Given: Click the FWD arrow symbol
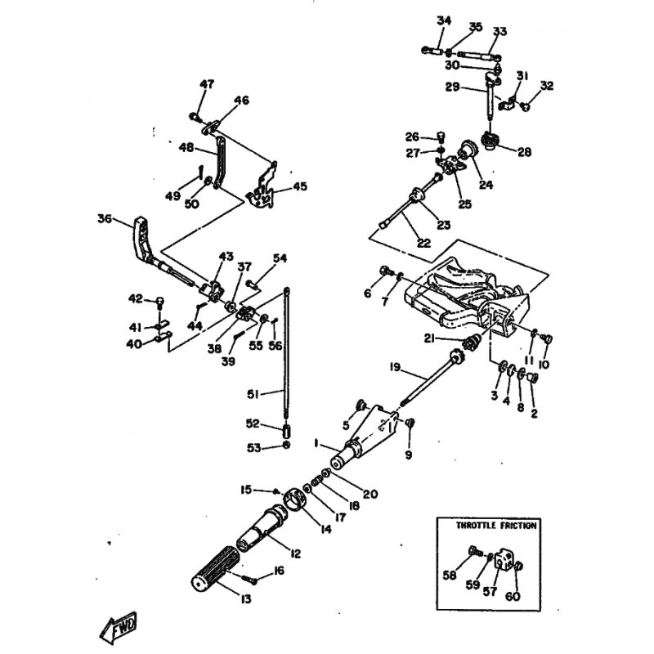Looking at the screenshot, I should [119, 626].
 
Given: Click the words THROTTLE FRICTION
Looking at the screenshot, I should [496, 526].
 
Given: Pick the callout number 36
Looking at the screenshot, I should [104, 218].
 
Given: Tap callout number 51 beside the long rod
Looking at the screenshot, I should [253, 395].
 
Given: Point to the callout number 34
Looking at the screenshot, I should [444, 20].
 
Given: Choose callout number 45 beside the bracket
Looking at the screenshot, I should [300, 186].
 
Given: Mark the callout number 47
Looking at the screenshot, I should [207, 84].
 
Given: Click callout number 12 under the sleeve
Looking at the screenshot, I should [295, 554].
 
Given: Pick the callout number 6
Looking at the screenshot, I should [367, 293].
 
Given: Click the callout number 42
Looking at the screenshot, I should [136, 298].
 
